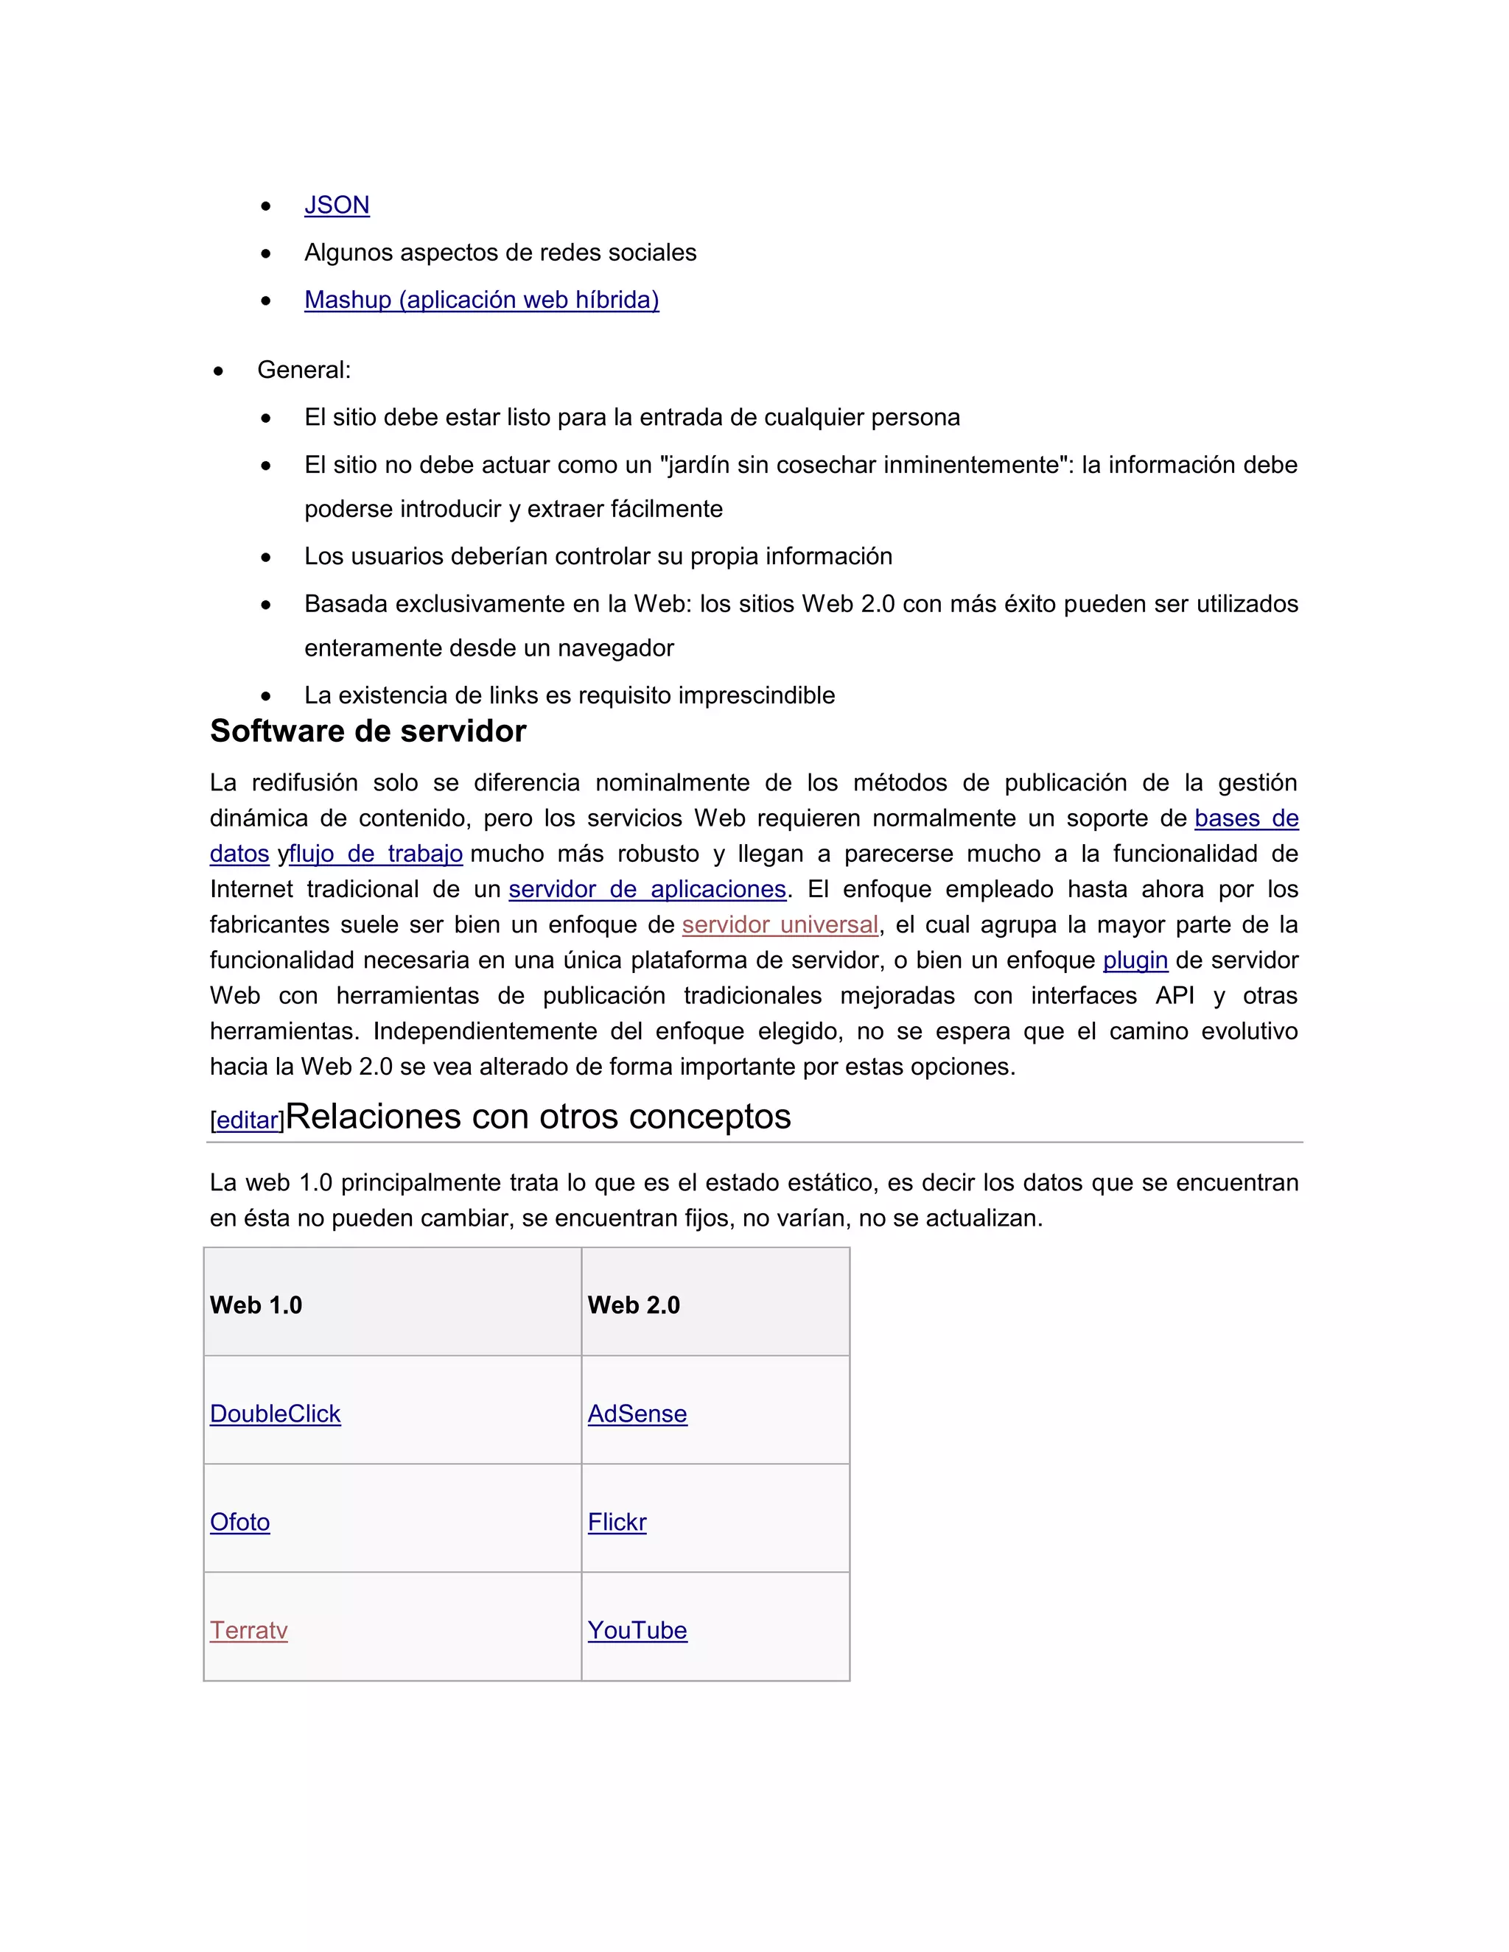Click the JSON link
336,206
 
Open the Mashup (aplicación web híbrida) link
481,301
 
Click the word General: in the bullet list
304,370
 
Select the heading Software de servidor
368,731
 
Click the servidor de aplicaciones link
647,889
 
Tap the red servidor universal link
780,925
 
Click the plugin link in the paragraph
1135,961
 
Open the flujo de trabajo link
376,854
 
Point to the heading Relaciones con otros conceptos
538,1117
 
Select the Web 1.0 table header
256,1305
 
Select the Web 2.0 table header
634,1305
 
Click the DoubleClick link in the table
276,1414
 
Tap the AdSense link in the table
637,1414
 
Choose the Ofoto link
239,1522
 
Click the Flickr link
617,1522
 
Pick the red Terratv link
248,1630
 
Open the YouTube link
637,1630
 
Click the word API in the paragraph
1174,996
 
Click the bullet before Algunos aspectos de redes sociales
265,254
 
